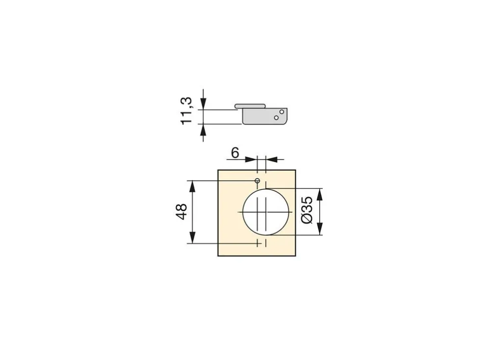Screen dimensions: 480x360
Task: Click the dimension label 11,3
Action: click(187, 111)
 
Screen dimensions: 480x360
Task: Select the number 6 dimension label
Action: click(235, 153)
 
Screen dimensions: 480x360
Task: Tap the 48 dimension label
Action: click(181, 211)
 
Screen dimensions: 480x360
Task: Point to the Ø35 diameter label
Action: click(307, 210)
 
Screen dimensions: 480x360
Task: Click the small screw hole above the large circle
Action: click(257, 180)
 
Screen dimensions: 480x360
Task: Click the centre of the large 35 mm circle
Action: click(266, 212)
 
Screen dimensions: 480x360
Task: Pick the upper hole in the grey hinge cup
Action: click(282, 112)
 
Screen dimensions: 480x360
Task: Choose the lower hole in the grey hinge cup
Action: click(276, 118)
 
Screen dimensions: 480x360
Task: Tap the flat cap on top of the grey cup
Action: click(250, 106)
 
